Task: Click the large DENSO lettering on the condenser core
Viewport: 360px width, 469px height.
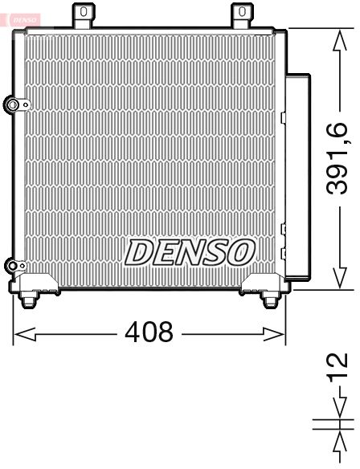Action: tap(189, 252)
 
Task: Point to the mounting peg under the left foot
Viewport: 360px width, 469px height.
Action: tap(31, 300)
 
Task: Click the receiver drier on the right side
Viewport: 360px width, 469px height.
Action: tap(298, 173)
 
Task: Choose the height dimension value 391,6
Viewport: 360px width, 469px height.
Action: tap(337, 158)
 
